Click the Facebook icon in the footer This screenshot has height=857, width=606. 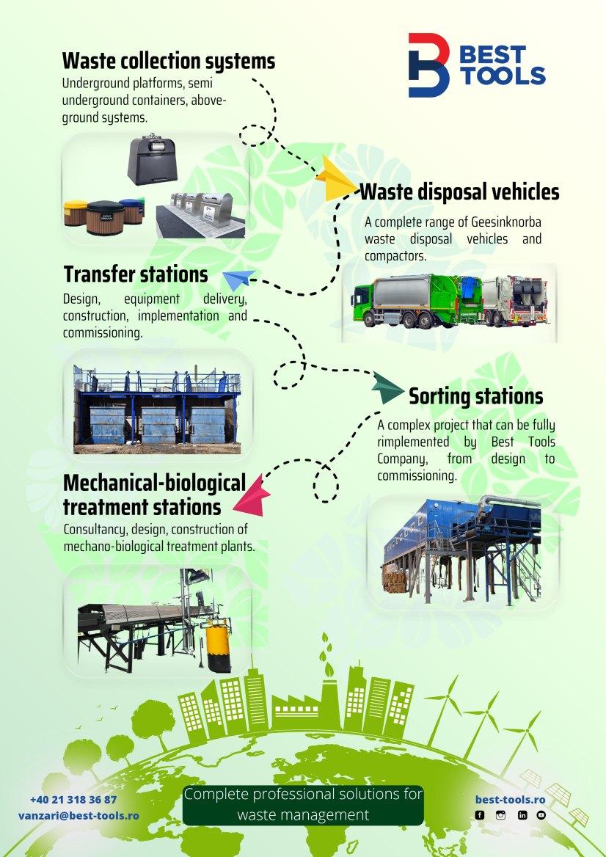coord(480,815)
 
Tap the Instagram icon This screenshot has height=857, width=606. coord(500,815)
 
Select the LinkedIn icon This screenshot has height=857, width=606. coord(522,815)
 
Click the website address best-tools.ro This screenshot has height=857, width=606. coord(510,799)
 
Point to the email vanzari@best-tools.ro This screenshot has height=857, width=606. coord(79,815)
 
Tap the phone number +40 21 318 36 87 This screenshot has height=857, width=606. coord(73,800)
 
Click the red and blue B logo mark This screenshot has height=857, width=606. coord(427,65)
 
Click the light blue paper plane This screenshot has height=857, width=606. coord(238,280)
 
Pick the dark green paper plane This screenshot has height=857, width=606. coord(387,387)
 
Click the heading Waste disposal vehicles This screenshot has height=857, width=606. coord(459,192)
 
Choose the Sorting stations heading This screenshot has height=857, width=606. coord(475,396)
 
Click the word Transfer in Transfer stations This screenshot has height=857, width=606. coord(95,274)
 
